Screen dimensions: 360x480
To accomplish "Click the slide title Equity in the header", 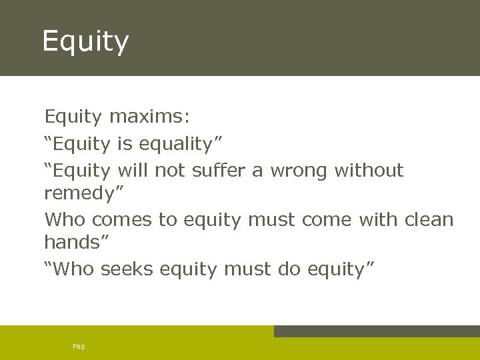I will pyautogui.click(x=85, y=42).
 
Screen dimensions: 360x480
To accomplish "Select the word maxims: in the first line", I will pyautogui.click(x=149, y=117).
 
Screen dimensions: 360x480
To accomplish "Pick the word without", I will pyautogui.click(x=369, y=171).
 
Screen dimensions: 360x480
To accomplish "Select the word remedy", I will pyautogui.click(x=77, y=194).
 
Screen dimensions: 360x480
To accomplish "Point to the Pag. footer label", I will pyautogui.click(x=79, y=347).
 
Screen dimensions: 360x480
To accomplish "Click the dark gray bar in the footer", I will pyautogui.click(x=376, y=331).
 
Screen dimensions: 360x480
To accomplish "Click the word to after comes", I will pyautogui.click(x=167, y=219).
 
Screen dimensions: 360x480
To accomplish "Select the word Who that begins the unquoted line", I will pyautogui.click(x=65, y=219).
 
